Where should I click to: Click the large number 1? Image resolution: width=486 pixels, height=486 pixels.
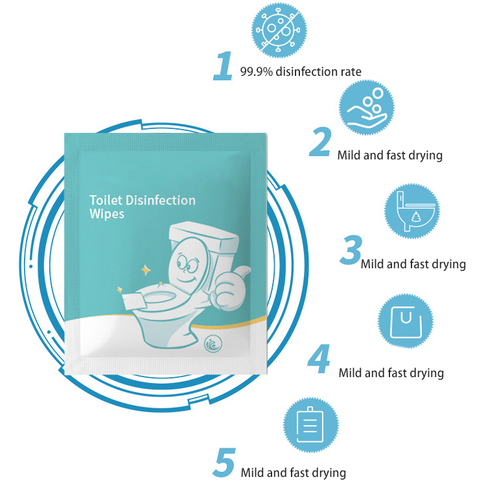click(x=223, y=67)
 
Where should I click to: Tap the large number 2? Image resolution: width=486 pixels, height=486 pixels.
click(x=319, y=143)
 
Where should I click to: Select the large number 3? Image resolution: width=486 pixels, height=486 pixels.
click(x=350, y=251)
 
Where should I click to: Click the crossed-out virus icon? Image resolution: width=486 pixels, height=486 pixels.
click(x=279, y=30)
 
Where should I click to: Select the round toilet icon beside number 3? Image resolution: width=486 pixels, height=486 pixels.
click(x=412, y=211)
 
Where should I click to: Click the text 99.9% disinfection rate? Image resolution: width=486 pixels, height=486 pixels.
click(x=301, y=72)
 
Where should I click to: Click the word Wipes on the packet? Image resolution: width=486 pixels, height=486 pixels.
click(x=107, y=214)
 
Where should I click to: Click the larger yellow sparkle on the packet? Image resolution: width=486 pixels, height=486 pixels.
click(x=146, y=268)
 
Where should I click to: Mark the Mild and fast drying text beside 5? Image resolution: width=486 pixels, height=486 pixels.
click(x=293, y=472)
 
